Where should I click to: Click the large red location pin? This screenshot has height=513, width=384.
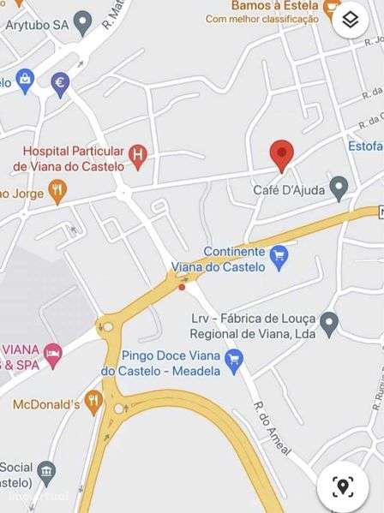click(x=281, y=154)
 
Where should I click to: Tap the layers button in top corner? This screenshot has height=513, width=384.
click(x=351, y=20)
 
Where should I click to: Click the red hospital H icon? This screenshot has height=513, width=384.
click(x=137, y=154)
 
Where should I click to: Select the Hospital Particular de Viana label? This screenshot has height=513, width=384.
click(x=73, y=158)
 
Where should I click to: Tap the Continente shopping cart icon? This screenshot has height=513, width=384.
click(x=279, y=255)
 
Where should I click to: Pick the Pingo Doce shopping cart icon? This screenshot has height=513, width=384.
click(x=233, y=361)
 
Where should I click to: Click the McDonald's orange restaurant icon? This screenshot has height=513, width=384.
click(x=93, y=403)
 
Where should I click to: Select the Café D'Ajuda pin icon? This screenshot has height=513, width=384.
click(x=339, y=188)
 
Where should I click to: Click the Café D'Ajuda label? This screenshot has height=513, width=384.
click(x=289, y=189)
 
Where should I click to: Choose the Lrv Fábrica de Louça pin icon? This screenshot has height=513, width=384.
click(x=329, y=323)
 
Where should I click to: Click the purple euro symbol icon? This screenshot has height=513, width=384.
click(x=60, y=83)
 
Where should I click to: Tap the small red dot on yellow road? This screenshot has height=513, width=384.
click(x=181, y=287)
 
